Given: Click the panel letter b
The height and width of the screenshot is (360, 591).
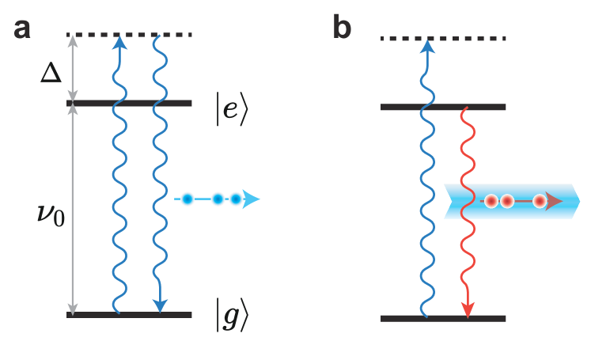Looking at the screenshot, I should click(342, 28).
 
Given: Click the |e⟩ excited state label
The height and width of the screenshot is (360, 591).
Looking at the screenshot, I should click(231, 111).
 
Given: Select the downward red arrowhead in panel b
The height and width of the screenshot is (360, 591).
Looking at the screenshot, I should click(468, 309).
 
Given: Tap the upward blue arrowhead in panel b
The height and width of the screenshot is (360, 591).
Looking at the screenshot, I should click(427, 47).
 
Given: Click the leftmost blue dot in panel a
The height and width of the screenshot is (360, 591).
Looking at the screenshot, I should click(187, 199).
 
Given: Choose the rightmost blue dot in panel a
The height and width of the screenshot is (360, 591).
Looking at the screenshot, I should click(234, 199).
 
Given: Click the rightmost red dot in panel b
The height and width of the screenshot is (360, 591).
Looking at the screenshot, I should click(540, 202).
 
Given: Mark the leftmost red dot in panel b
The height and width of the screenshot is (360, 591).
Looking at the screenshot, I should click(491, 202).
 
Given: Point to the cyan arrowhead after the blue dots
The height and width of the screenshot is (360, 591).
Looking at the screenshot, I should click(251, 199).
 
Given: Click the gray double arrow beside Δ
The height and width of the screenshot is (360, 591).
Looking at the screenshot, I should click(74, 70).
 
